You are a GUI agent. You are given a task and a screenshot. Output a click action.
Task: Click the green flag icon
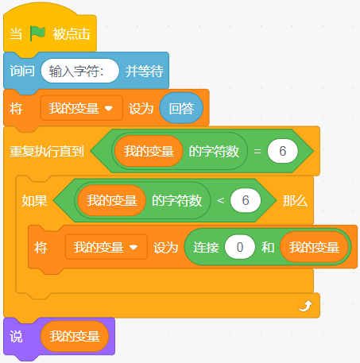pos(37,33)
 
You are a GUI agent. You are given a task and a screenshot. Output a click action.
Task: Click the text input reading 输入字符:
pos(80,71)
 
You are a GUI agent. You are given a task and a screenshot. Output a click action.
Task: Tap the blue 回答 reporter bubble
pos(181,108)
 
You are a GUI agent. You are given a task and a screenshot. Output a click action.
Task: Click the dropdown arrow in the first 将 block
pos(109,108)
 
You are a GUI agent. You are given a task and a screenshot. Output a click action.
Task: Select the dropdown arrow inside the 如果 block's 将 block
pos(134,247)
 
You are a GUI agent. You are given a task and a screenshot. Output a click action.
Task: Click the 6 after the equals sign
pos(283,151)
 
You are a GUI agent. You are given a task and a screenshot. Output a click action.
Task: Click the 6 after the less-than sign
pos(246,200)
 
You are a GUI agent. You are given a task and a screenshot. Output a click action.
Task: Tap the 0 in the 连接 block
pos(240,247)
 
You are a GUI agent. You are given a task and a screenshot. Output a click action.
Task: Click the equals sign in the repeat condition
pos(257,151)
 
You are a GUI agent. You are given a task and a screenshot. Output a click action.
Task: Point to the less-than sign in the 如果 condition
pos(220,200)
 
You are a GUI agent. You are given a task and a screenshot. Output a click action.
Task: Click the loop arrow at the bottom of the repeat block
pos(305,306)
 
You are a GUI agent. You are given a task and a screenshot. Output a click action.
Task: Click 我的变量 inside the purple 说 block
pos(75,336)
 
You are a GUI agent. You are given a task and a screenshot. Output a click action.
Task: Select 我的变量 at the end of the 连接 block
pos(314,247)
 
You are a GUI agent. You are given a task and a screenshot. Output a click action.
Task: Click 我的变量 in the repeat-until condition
pos(149,151)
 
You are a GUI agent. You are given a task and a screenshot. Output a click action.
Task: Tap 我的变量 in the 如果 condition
pos(112,200)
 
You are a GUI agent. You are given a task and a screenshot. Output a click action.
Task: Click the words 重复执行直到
pos(47,151)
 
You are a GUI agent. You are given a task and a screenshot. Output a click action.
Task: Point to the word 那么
pos(295,201)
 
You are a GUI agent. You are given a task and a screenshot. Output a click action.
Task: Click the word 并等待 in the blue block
pos(144,71)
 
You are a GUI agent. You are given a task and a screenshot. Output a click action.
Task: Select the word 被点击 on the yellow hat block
pos(72,34)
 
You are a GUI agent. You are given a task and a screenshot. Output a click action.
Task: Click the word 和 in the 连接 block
pos(268,248)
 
